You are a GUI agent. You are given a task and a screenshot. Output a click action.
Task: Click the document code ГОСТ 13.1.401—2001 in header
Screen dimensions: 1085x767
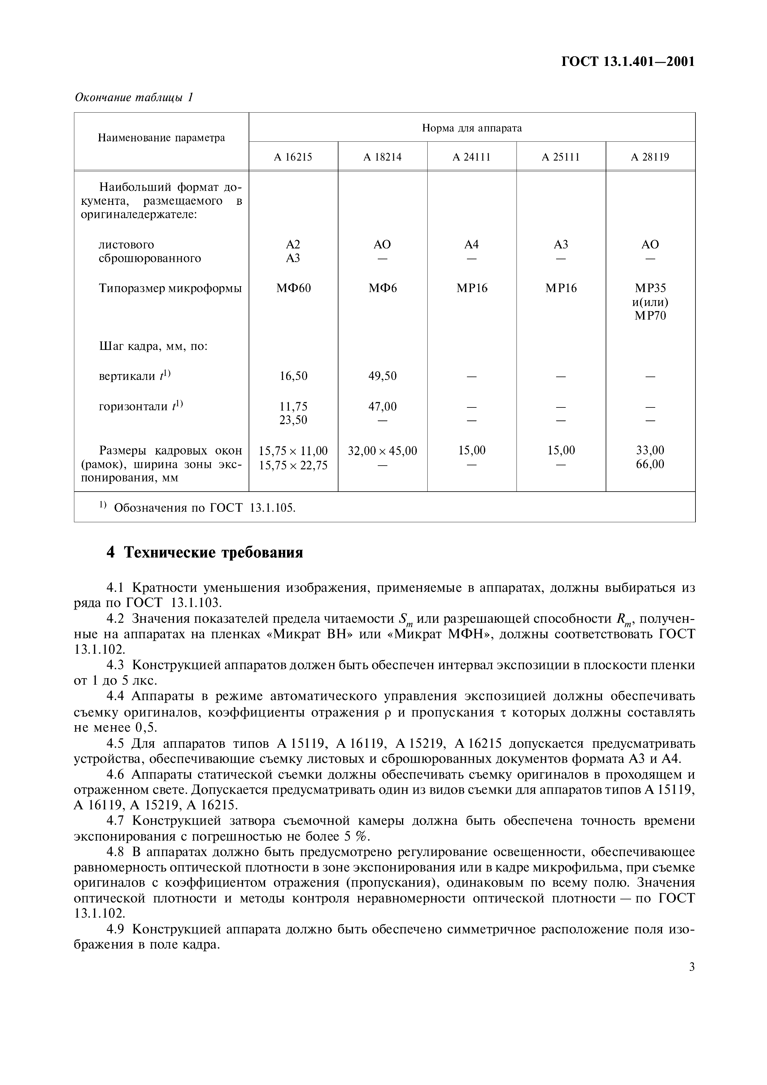click(627, 62)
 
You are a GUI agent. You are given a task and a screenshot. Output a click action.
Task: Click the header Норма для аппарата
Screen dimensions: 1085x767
click(472, 128)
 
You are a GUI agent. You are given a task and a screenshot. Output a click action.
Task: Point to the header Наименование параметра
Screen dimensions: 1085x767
click(161, 138)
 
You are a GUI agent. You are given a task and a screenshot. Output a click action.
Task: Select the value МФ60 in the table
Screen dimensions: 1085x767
click(293, 288)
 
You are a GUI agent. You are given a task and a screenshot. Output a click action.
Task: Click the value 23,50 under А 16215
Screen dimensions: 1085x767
click(293, 420)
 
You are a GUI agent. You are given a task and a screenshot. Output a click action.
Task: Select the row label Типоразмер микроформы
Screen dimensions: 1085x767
click(170, 288)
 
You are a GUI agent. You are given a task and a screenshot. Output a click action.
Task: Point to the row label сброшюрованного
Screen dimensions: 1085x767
click(150, 259)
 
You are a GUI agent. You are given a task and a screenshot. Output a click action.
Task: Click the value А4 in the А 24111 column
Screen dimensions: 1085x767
click(472, 244)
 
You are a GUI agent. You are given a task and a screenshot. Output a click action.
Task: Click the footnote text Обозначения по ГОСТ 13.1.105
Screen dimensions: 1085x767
click(204, 508)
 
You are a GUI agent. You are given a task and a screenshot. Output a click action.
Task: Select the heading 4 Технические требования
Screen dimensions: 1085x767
click(204, 553)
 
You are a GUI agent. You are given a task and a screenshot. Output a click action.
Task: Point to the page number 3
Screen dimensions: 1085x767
click(691, 967)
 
